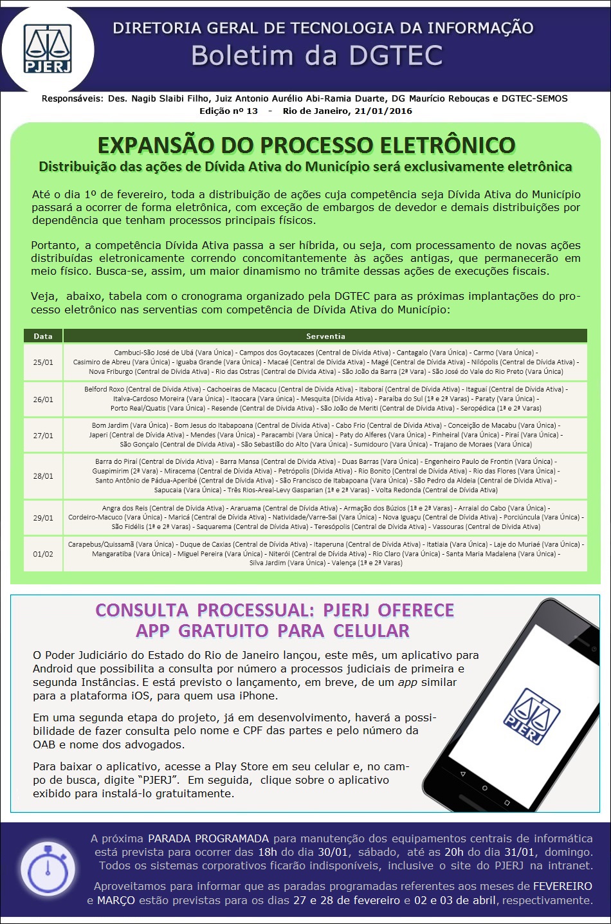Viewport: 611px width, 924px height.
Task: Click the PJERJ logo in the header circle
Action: tap(48, 49)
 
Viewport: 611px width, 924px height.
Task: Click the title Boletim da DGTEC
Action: tap(316, 56)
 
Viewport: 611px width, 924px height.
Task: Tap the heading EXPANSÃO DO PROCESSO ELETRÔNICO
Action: tap(306, 145)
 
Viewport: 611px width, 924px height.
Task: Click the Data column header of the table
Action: tap(43, 336)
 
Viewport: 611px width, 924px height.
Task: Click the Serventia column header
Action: tap(325, 336)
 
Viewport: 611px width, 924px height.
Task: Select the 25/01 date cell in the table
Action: tap(43, 362)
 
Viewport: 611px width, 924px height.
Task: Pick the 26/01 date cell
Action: tap(43, 400)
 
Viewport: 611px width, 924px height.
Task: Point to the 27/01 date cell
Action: tap(43, 436)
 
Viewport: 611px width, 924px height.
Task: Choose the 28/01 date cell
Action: tap(43, 476)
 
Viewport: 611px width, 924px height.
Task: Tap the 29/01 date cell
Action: tap(43, 518)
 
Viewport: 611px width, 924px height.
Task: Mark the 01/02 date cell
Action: tap(43, 554)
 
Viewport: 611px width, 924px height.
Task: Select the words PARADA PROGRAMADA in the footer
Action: tap(208, 838)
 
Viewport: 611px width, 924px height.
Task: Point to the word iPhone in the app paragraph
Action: tap(259, 696)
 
